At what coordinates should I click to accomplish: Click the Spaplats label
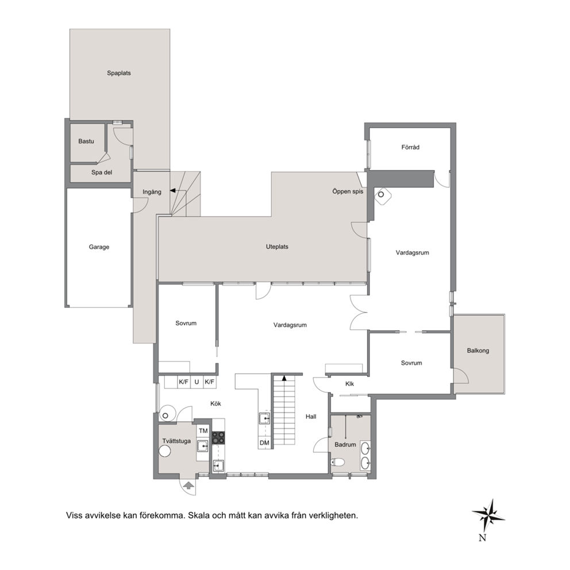[119, 73]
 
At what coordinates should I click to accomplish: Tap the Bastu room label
[86, 141]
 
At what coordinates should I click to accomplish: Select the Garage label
[99, 247]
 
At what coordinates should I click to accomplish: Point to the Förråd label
[410, 147]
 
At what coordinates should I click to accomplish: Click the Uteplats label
[277, 247]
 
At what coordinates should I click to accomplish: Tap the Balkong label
[478, 351]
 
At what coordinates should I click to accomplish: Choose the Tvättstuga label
[176, 441]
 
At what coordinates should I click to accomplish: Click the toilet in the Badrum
[338, 463]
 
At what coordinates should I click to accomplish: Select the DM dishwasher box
[265, 443]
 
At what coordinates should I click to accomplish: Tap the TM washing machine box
[203, 431]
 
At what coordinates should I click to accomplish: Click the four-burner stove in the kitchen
[218, 438]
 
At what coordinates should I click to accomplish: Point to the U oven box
[197, 382]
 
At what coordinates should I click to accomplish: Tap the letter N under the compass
[483, 538]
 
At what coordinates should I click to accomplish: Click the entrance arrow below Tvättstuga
[188, 486]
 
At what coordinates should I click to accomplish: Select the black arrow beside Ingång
[173, 190]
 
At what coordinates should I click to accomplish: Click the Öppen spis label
[348, 191]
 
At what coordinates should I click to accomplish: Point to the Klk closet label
[350, 384]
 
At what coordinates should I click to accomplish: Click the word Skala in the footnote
[198, 515]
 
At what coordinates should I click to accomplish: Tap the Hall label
[311, 417]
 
